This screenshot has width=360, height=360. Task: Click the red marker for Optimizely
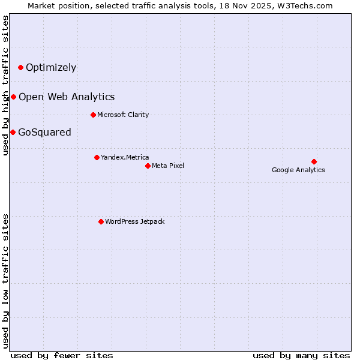(x=20, y=67)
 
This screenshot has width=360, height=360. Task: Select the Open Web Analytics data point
(x=13, y=97)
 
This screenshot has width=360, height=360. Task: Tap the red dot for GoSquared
(x=13, y=132)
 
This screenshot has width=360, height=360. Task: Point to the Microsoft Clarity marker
(x=93, y=115)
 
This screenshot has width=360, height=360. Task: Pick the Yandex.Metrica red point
(x=97, y=157)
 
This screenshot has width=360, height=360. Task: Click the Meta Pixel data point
(x=148, y=166)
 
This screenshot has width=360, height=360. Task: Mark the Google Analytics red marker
(x=314, y=161)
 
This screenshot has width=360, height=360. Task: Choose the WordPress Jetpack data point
(x=101, y=221)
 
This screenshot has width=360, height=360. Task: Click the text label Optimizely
(x=51, y=67)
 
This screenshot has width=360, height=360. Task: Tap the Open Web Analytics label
(x=67, y=97)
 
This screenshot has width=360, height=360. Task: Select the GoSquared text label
(x=44, y=132)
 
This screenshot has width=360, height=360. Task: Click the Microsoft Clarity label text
(x=123, y=115)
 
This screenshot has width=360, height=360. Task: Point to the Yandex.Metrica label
(x=125, y=157)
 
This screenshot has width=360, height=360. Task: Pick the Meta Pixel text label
(x=168, y=166)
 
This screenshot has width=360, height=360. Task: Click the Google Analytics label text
(x=298, y=170)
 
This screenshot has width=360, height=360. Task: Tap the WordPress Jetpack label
(x=134, y=221)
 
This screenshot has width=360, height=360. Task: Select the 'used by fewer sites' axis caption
(x=62, y=355)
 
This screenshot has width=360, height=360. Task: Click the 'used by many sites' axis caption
(x=301, y=355)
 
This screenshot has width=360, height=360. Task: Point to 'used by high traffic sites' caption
(x=5, y=85)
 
